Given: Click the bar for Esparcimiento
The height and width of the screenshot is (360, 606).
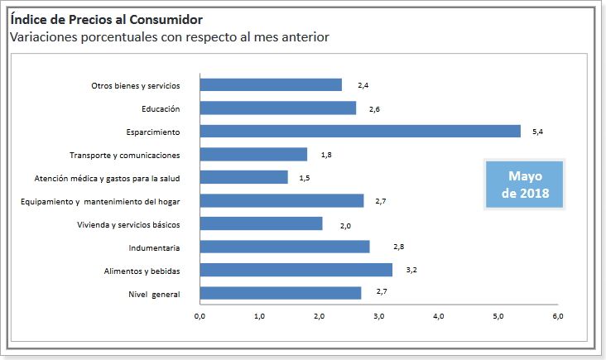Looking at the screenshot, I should click(x=360, y=131).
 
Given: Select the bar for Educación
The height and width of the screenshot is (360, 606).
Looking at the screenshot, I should click(x=278, y=108).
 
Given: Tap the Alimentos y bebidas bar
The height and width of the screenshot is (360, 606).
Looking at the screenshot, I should click(x=296, y=270).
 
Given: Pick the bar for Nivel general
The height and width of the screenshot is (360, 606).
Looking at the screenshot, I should click(x=281, y=293).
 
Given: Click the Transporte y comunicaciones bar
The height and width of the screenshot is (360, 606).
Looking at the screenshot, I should click(x=253, y=154).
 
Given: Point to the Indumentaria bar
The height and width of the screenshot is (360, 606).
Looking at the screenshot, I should click(x=284, y=247).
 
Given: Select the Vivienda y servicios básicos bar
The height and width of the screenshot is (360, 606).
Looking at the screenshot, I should click(x=261, y=223).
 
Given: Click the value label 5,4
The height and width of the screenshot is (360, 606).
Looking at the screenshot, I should click(x=536, y=132).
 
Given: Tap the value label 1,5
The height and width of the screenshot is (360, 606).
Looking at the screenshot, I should click(x=304, y=178).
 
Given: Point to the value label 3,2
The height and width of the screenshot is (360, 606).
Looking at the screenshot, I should click(x=411, y=271).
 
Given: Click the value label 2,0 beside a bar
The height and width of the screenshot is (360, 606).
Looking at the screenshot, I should click(x=345, y=224).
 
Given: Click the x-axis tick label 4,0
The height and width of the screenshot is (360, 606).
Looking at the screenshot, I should click(x=438, y=316).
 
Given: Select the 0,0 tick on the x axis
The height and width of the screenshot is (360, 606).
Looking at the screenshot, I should click(x=200, y=316).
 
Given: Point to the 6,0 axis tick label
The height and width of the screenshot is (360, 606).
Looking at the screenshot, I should click(x=557, y=316).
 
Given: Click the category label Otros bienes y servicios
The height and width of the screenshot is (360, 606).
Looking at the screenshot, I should click(x=135, y=85).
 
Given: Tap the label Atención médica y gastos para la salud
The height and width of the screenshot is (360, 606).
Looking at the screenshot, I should click(x=107, y=178).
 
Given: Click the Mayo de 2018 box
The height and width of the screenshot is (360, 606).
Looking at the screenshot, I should click(x=525, y=185).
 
